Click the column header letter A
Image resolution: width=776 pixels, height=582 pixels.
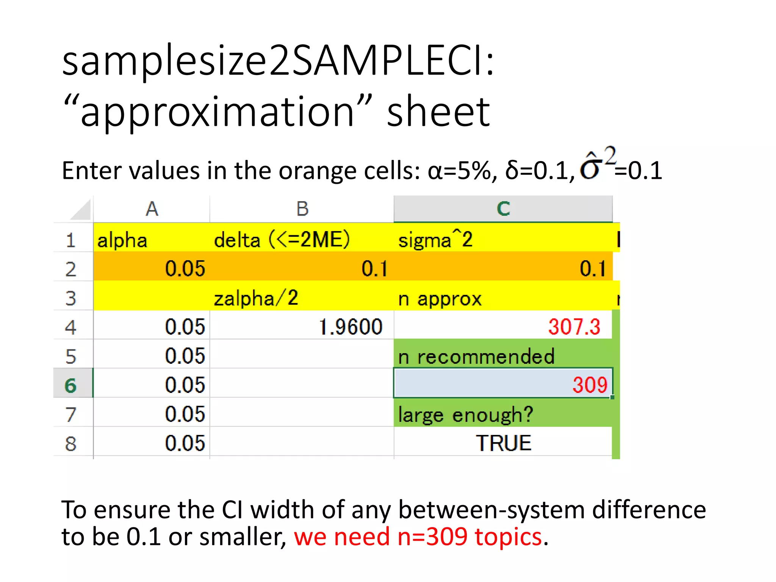pyautogui.click(x=152, y=209)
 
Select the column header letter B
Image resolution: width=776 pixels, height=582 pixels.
pyautogui.click(x=302, y=209)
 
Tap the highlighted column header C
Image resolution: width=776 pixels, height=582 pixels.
pyautogui.click(x=503, y=209)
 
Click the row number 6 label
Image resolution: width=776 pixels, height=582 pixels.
pyautogui.click(x=71, y=385)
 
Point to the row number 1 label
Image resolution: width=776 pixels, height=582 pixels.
pyautogui.click(x=71, y=240)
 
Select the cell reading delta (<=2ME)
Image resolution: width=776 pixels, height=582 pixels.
pyautogui.click(x=282, y=240)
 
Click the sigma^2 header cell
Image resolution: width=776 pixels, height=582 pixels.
pyautogui.click(x=435, y=240)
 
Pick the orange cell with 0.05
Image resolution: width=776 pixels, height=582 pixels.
pyautogui.click(x=185, y=269)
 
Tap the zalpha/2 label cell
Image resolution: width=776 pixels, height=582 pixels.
pyautogui.click(x=256, y=298)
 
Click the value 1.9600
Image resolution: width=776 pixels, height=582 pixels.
pyautogui.click(x=350, y=327)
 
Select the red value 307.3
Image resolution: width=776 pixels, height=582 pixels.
pyautogui.click(x=574, y=327)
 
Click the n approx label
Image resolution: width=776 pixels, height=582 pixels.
pyautogui.click(x=440, y=299)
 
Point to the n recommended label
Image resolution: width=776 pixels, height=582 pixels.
pyautogui.click(x=476, y=357)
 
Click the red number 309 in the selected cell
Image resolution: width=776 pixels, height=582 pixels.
pyautogui.click(x=590, y=385)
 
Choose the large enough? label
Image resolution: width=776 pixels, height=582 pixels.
pyautogui.click(x=466, y=415)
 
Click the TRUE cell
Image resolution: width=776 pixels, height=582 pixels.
pyautogui.click(x=504, y=443)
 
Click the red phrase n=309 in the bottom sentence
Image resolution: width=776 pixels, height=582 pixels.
pyautogui.click(x=432, y=537)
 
